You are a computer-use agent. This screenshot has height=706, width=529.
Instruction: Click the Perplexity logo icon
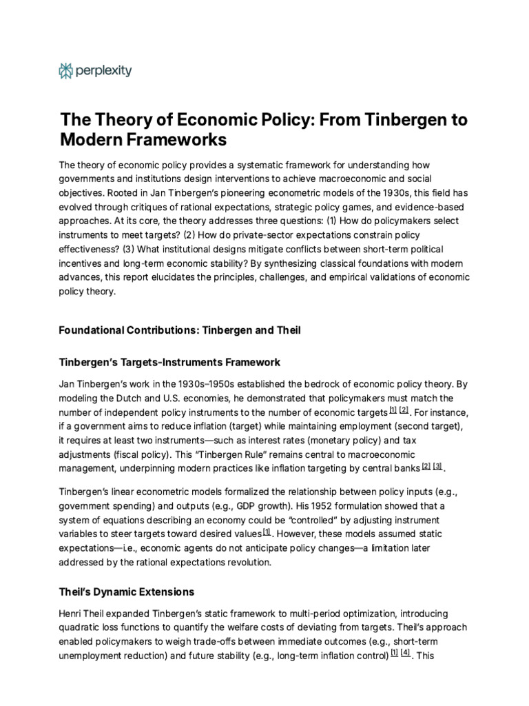click(67, 70)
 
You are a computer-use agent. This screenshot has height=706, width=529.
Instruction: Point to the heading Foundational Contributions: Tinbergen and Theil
click(180, 330)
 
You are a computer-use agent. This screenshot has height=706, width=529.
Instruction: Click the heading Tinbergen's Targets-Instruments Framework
click(169, 362)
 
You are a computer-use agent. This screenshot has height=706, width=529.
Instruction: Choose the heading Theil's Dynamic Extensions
click(127, 592)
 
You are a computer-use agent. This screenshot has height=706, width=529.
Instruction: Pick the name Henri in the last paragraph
click(72, 613)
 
